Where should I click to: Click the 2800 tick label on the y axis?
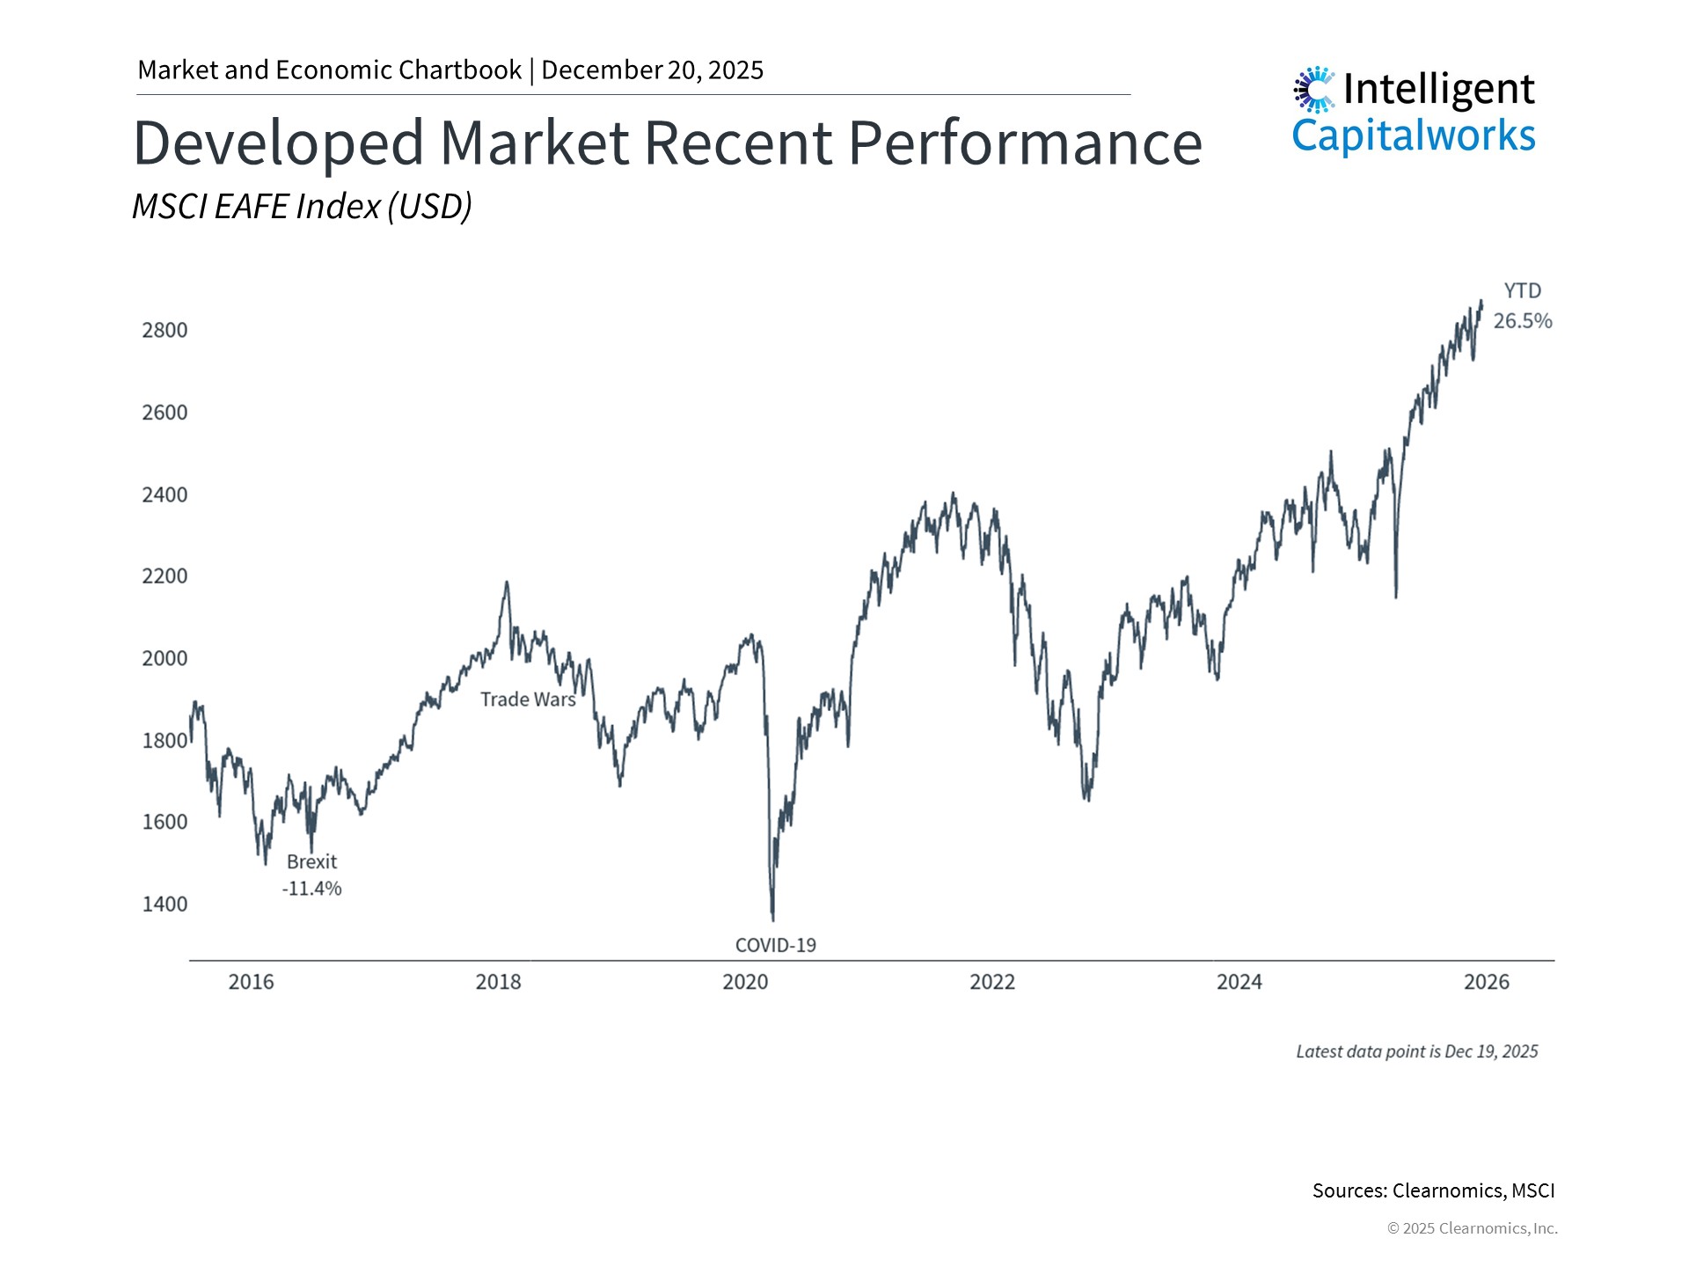pyautogui.click(x=165, y=330)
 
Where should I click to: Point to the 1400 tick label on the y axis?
pyautogui.click(x=165, y=904)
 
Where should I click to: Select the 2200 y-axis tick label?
pyautogui.click(x=165, y=576)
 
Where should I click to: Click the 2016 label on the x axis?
pyautogui.click(x=251, y=982)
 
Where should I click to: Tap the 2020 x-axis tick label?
pyautogui.click(x=745, y=982)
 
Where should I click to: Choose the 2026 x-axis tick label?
pyautogui.click(x=1486, y=982)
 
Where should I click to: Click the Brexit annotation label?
pyautogui.click(x=311, y=862)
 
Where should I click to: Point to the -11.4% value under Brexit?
pyautogui.click(x=311, y=889)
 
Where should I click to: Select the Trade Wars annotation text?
pyautogui.click(x=528, y=699)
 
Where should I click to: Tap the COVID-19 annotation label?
pyautogui.click(x=775, y=945)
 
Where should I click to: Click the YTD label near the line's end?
pyautogui.click(x=1522, y=291)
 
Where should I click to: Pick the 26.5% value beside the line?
pyautogui.click(x=1523, y=321)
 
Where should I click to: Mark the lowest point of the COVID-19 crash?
pyautogui.click(x=772, y=919)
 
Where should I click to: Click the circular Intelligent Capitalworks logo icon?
pyautogui.click(x=1314, y=89)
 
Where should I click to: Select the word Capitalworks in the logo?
pyautogui.click(x=1413, y=136)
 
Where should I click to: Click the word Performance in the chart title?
pyautogui.click(x=1025, y=143)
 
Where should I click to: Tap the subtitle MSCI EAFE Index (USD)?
pyautogui.click(x=302, y=207)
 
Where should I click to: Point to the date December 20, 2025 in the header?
pyautogui.click(x=652, y=70)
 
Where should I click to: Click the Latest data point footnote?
pyautogui.click(x=1416, y=1051)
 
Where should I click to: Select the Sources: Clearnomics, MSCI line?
pyautogui.click(x=1433, y=1190)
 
